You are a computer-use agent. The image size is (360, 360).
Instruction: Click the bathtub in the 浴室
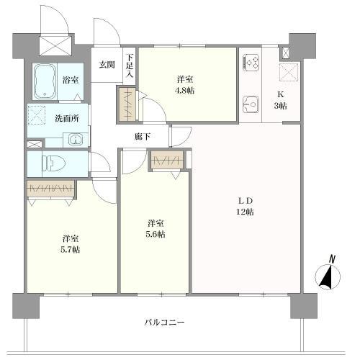tap(47, 80)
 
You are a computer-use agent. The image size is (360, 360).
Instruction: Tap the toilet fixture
tap(54, 163)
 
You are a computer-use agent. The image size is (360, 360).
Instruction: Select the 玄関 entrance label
tap(107, 65)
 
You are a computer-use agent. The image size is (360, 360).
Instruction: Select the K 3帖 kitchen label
tap(282, 99)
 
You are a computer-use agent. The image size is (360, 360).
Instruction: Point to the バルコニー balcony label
tap(164, 323)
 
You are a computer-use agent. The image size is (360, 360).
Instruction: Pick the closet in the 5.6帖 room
tap(170, 161)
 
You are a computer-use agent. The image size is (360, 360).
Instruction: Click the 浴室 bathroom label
tap(71, 81)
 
